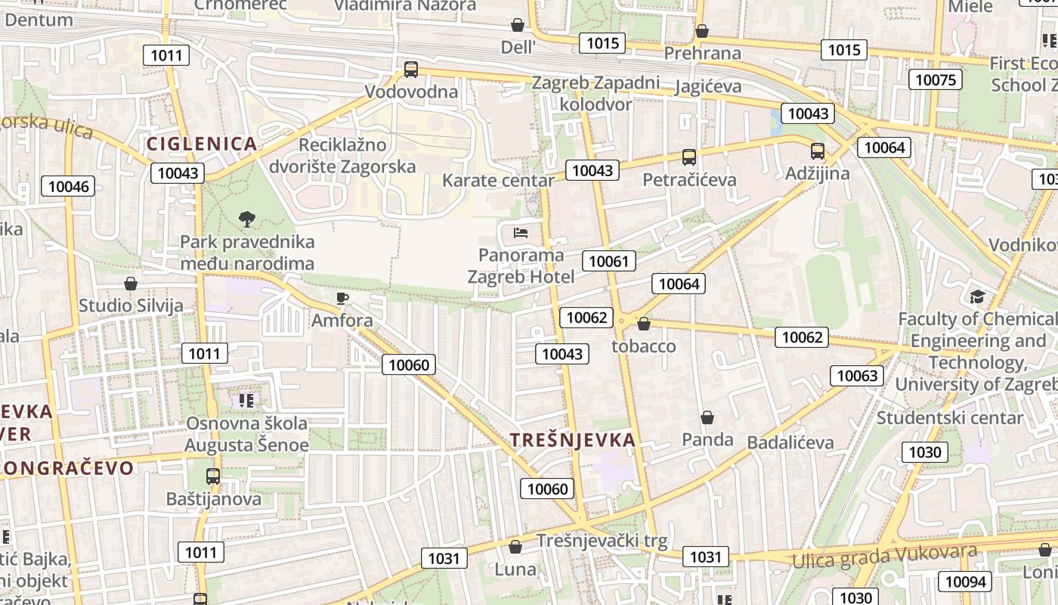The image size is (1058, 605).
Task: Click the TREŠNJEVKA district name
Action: (572, 439)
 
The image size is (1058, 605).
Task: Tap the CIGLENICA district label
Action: (202, 144)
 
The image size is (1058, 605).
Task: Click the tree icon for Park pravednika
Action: (246, 219)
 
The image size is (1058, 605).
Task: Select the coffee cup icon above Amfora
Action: (342, 298)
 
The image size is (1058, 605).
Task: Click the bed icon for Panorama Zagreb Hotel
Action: (521, 232)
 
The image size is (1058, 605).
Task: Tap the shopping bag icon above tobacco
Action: (644, 324)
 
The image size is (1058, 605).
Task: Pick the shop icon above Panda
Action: (707, 417)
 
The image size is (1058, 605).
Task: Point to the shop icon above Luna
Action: (515, 546)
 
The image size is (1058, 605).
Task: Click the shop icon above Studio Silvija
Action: (131, 284)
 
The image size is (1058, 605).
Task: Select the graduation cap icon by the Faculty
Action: (978, 296)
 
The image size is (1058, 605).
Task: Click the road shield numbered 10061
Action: (608, 262)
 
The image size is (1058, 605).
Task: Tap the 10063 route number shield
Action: (858, 375)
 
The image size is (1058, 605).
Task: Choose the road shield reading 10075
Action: (935, 79)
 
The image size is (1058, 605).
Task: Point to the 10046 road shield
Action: (68, 186)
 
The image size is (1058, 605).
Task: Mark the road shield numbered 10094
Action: (965, 581)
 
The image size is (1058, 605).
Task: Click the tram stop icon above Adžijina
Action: (817, 150)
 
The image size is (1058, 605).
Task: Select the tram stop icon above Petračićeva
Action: (688, 157)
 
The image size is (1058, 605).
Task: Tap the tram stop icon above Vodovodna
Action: (411, 70)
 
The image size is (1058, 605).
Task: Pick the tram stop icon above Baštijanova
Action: (213, 476)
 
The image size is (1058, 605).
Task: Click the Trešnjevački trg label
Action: (602, 541)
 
